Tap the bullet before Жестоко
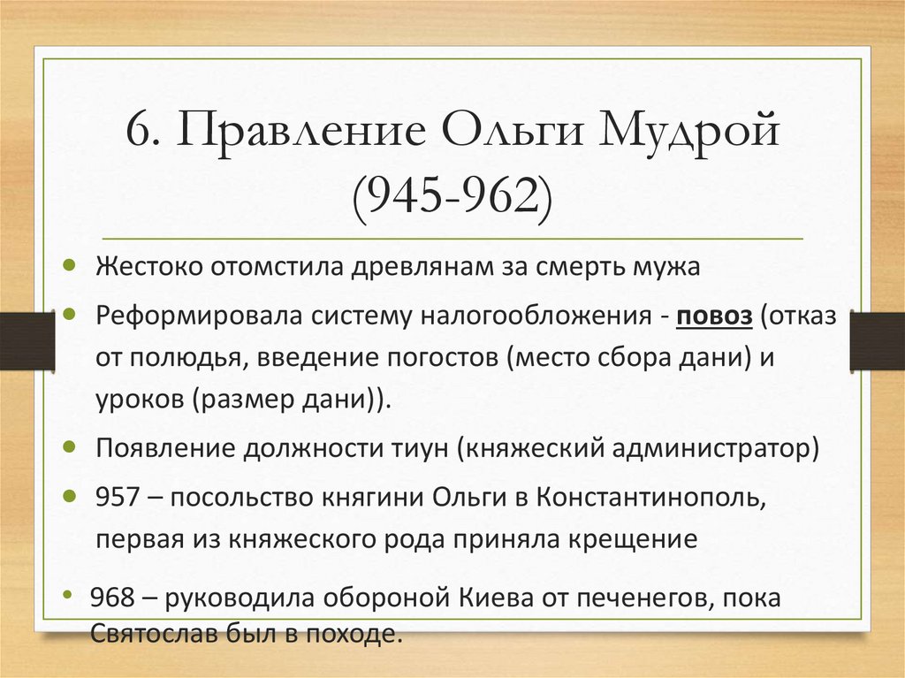point(70,265)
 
